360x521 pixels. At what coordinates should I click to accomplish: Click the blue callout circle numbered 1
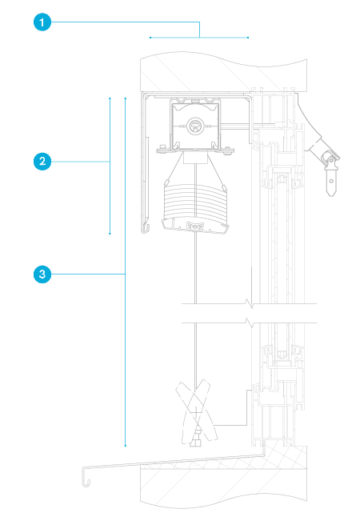[42, 22]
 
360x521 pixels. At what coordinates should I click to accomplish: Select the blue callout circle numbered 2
[42, 162]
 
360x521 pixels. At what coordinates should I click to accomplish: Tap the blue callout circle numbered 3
[42, 275]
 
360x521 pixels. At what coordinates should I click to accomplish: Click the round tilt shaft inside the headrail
[195, 126]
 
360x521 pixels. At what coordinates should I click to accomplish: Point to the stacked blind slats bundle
[195, 202]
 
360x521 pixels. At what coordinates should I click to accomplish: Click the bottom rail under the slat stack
[195, 225]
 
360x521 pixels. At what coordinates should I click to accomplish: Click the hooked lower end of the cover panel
[145, 229]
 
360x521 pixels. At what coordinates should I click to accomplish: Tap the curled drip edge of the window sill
[86, 478]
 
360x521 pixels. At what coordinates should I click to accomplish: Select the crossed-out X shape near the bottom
[196, 411]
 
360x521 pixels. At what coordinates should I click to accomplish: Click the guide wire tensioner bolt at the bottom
[196, 439]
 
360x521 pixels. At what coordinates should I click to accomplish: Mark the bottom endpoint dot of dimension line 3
[126, 446]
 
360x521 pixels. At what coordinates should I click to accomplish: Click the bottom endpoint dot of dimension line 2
[110, 234]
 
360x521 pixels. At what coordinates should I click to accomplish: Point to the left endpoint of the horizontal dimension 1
[150, 38]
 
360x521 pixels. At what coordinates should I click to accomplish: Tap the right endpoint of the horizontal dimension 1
[248, 38]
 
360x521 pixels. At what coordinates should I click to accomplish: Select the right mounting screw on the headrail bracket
[227, 150]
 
